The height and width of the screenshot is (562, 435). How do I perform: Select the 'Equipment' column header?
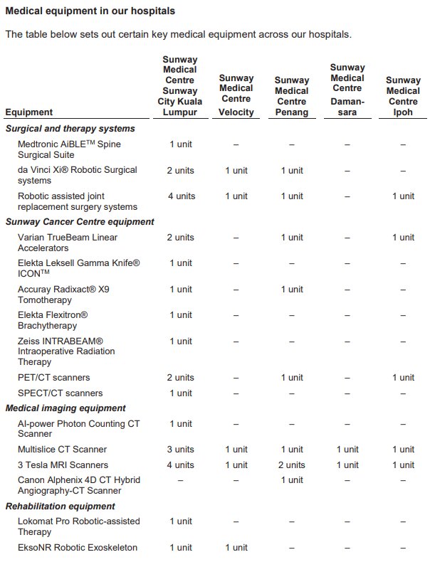point(28,112)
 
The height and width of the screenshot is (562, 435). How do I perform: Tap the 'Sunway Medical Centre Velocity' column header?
point(236,95)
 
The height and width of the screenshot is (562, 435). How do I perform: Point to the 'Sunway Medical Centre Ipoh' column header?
point(403,95)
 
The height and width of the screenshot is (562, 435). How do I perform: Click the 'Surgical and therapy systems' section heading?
point(70,129)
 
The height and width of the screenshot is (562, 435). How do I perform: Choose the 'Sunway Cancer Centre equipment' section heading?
point(80,222)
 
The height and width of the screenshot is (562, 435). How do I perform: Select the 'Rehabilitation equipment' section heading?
point(60,507)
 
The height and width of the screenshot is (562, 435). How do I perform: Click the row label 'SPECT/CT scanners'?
point(60,393)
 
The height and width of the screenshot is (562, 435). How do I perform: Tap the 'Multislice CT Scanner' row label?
point(62,450)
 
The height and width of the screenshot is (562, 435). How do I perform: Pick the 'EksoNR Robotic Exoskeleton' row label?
point(78,548)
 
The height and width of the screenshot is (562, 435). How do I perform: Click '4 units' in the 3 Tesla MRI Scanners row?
point(181,465)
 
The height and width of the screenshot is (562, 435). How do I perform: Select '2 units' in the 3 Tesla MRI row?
point(292,465)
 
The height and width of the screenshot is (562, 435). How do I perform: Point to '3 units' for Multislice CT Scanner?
point(181,450)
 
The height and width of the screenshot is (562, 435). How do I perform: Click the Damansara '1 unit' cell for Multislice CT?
point(347,450)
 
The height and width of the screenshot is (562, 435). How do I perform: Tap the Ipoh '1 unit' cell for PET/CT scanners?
point(403,378)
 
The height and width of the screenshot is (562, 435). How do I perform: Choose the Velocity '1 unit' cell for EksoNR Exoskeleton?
point(236,548)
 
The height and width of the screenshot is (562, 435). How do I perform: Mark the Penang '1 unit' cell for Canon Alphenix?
point(292,480)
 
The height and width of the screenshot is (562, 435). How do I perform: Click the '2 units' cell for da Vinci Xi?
point(181,171)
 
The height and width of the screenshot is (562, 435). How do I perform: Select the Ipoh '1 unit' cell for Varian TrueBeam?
point(403,238)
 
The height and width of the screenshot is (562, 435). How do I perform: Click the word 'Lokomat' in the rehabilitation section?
point(36,521)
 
